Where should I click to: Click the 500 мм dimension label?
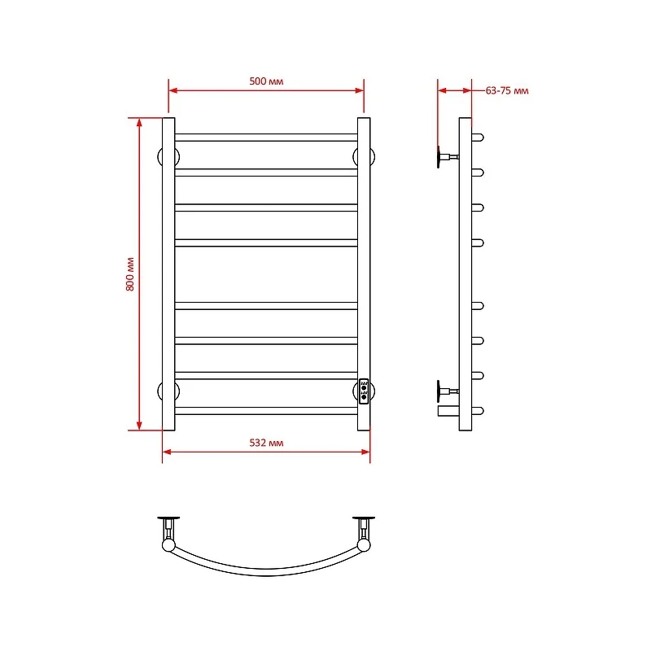point(266,81)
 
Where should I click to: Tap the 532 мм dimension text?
point(266,443)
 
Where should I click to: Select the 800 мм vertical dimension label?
point(130,274)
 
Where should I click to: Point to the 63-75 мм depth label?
point(507,90)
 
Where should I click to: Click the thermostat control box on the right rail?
point(364,391)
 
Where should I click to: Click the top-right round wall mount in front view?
point(373,157)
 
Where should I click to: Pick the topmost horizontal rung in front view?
point(266,138)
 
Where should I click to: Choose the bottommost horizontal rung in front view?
point(266,411)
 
